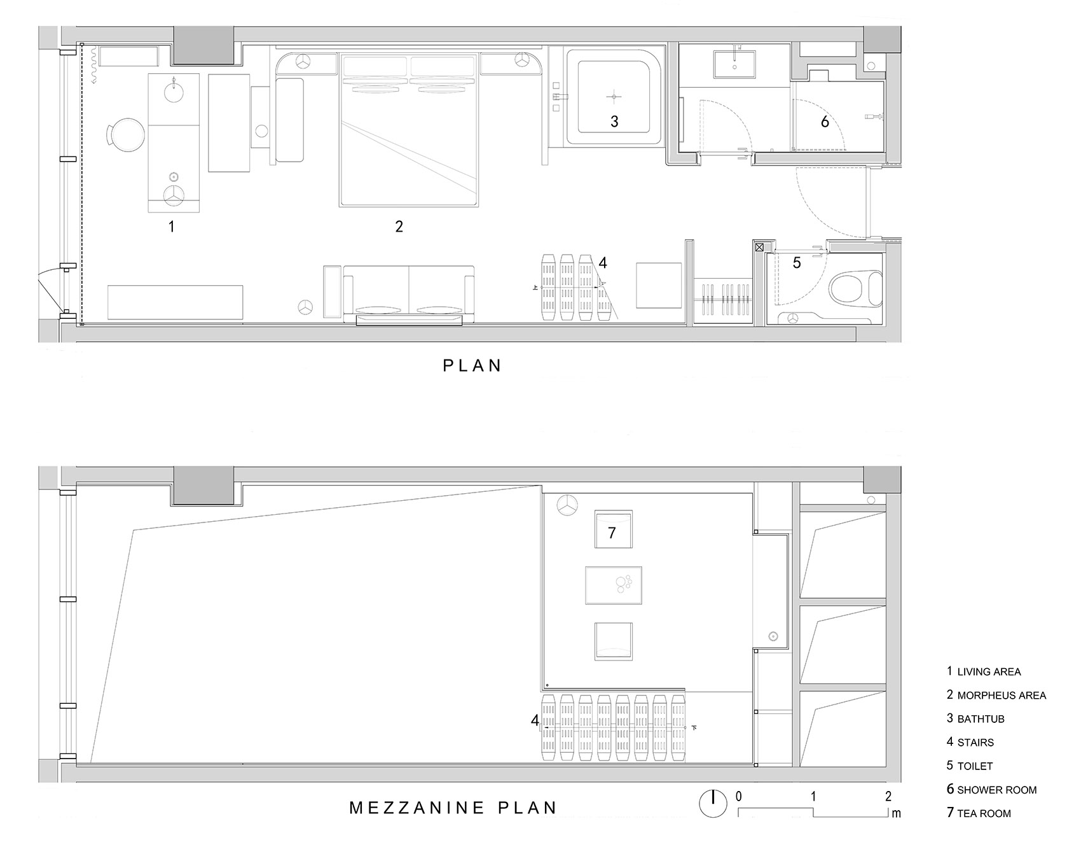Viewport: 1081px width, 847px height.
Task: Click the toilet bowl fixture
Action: coord(856,288)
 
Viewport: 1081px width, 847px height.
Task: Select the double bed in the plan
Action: coord(409,130)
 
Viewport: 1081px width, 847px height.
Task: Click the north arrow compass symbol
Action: coord(713,804)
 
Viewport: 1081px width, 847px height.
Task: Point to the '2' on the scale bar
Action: coord(888,796)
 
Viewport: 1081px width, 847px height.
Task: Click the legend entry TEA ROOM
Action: coord(979,813)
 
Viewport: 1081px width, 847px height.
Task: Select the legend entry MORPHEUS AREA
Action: coord(996,695)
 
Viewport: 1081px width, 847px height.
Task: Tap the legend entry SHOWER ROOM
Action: coord(991,789)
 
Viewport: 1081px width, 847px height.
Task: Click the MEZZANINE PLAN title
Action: coord(453,808)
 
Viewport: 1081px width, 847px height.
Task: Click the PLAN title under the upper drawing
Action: coord(472,365)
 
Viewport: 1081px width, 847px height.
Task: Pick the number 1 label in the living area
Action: coord(171,226)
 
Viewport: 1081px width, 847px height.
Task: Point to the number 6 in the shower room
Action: coord(825,121)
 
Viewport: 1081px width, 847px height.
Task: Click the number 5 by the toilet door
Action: coord(796,262)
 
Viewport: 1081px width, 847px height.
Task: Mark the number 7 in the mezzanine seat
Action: coord(612,532)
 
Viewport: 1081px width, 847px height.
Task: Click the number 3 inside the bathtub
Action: coord(614,121)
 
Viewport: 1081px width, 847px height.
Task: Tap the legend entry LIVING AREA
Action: coord(983,671)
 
